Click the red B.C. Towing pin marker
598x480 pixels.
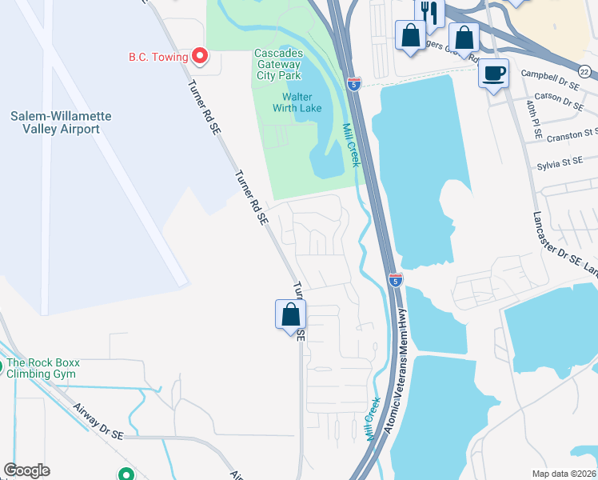199,56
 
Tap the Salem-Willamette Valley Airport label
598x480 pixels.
61,122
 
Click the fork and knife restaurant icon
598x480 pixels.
429,11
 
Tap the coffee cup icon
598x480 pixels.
493,73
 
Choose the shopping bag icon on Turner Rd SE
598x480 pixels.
290,314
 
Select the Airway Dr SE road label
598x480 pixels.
98,421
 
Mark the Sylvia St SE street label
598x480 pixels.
560,163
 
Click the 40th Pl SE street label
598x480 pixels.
529,112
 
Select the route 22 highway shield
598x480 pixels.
585,73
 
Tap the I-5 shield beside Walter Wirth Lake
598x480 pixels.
353,82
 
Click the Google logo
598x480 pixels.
27,470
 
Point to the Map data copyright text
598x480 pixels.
564,474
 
